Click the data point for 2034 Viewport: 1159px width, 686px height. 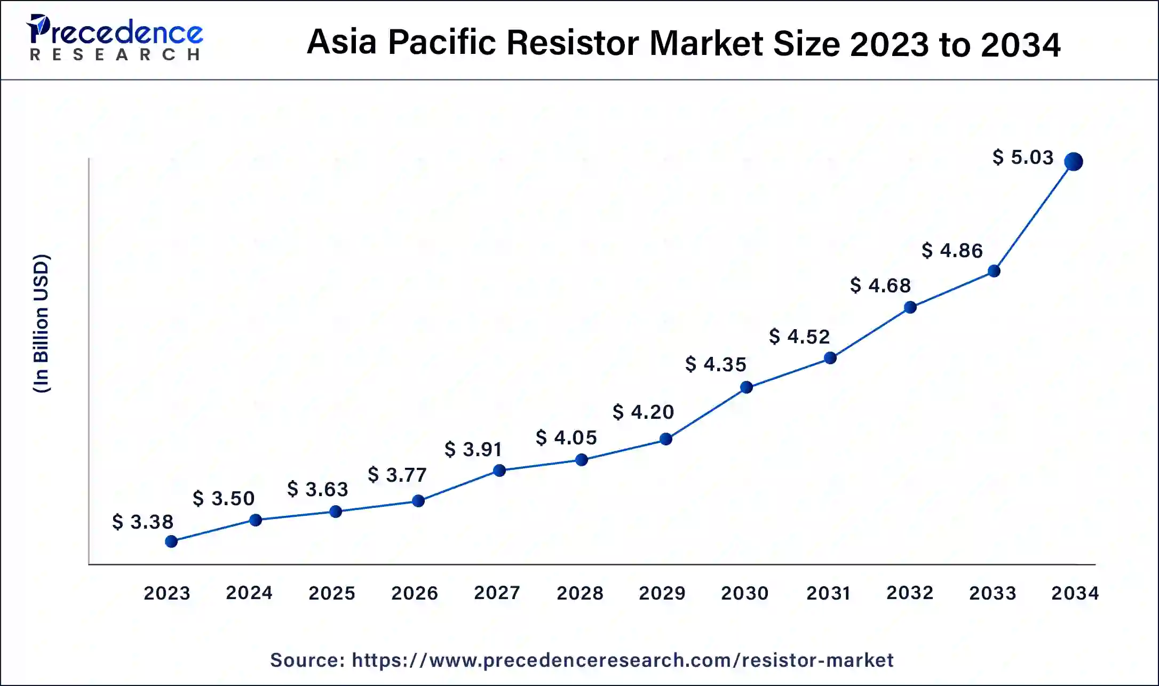(1073, 161)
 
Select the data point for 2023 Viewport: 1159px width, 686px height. (171, 541)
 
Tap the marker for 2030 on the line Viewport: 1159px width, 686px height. (747, 387)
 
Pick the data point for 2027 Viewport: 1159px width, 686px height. (499, 470)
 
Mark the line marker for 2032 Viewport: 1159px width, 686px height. (910, 307)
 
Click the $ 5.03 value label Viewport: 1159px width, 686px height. (1023, 157)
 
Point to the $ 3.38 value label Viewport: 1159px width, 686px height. (142, 522)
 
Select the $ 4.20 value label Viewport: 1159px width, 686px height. (643, 412)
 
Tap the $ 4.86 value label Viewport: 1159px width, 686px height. (952, 250)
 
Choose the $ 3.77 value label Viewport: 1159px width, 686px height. (398, 475)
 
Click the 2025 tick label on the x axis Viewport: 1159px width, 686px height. (332, 593)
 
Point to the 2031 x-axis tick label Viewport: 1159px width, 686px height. (828, 593)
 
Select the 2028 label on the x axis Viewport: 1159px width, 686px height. (580, 593)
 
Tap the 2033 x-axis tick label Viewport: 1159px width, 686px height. (993, 593)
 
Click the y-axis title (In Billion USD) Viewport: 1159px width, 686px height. (42, 324)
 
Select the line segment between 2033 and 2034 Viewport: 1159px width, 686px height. (1034, 216)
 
